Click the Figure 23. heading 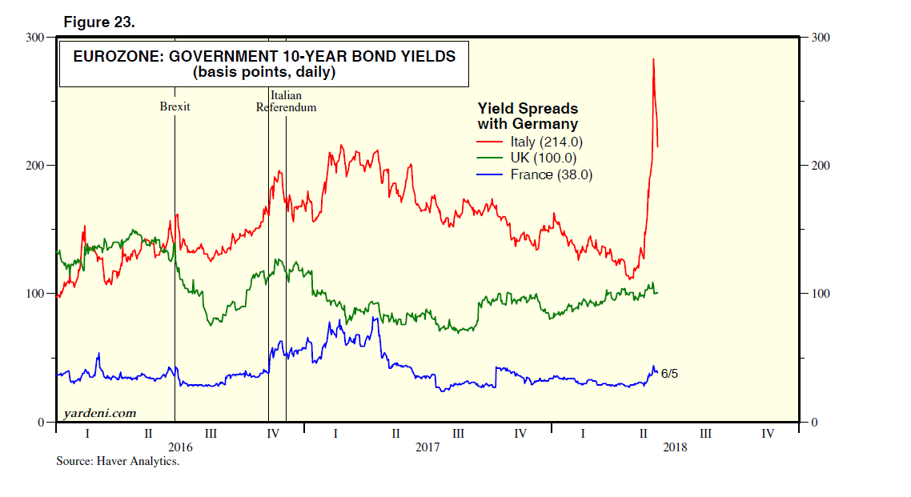(x=99, y=22)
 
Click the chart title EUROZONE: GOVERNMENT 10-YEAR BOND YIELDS (x=264, y=57)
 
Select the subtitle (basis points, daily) (x=263, y=72)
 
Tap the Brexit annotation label (x=175, y=106)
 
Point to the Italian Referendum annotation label (x=286, y=101)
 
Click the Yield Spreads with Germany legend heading (x=528, y=116)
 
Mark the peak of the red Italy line (x=654, y=59)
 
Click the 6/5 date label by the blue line (x=669, y=374)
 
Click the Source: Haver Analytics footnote (x=118, y=462)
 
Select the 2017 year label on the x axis (x=427, y=447)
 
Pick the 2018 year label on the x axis (x=675, y=447)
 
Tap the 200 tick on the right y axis (x=821, y=166)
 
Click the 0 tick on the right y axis (x=814, y=423)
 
